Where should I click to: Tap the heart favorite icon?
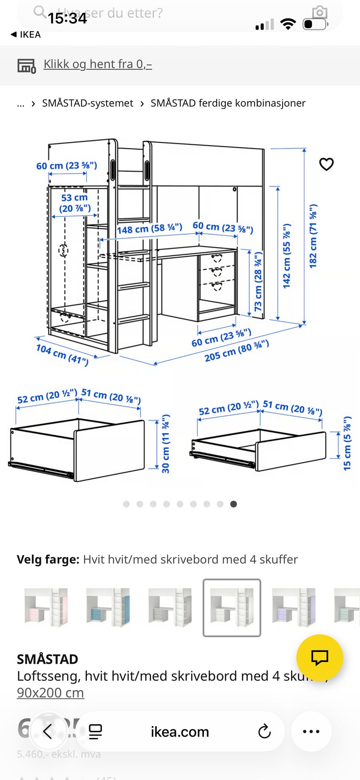point(326,164)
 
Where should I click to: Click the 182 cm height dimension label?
point(313,236)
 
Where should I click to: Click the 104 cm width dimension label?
point(62,355)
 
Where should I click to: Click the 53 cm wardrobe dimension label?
point(75,203)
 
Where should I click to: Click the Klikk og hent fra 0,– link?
point(97,64)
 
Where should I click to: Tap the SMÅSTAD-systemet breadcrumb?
point(87,103)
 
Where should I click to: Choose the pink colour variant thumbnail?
point(46,607)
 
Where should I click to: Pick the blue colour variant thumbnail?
point(108,607)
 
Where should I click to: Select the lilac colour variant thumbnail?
point(294,607)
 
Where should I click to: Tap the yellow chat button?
point(319,657)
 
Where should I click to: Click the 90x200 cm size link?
point(50,693)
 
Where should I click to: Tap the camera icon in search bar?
point(319,12)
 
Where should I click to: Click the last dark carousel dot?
point(233,504)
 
